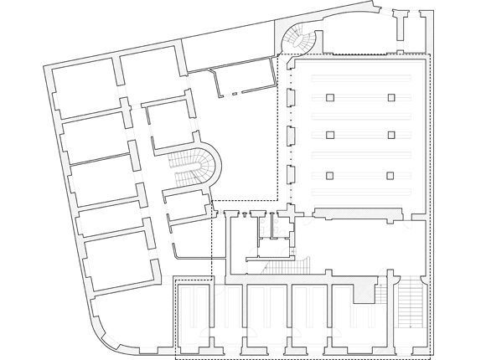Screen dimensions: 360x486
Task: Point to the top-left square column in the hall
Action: tap(330, 98)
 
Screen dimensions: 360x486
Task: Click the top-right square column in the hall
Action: tap(391, 98)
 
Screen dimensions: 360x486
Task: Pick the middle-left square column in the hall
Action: tap(330, 135)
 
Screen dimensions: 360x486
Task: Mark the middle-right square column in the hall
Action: tap(391, 135)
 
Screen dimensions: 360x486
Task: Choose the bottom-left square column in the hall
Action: tap(330, 176)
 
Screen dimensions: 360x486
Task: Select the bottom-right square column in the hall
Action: tap(391, 176)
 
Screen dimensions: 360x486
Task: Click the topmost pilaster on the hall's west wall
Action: tap(290, 98)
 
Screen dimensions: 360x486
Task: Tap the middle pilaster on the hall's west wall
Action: tap(290, 136)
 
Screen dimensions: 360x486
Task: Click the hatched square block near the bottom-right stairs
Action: tap(363, 292)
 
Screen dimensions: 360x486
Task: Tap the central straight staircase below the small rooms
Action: tap(276, 266)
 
